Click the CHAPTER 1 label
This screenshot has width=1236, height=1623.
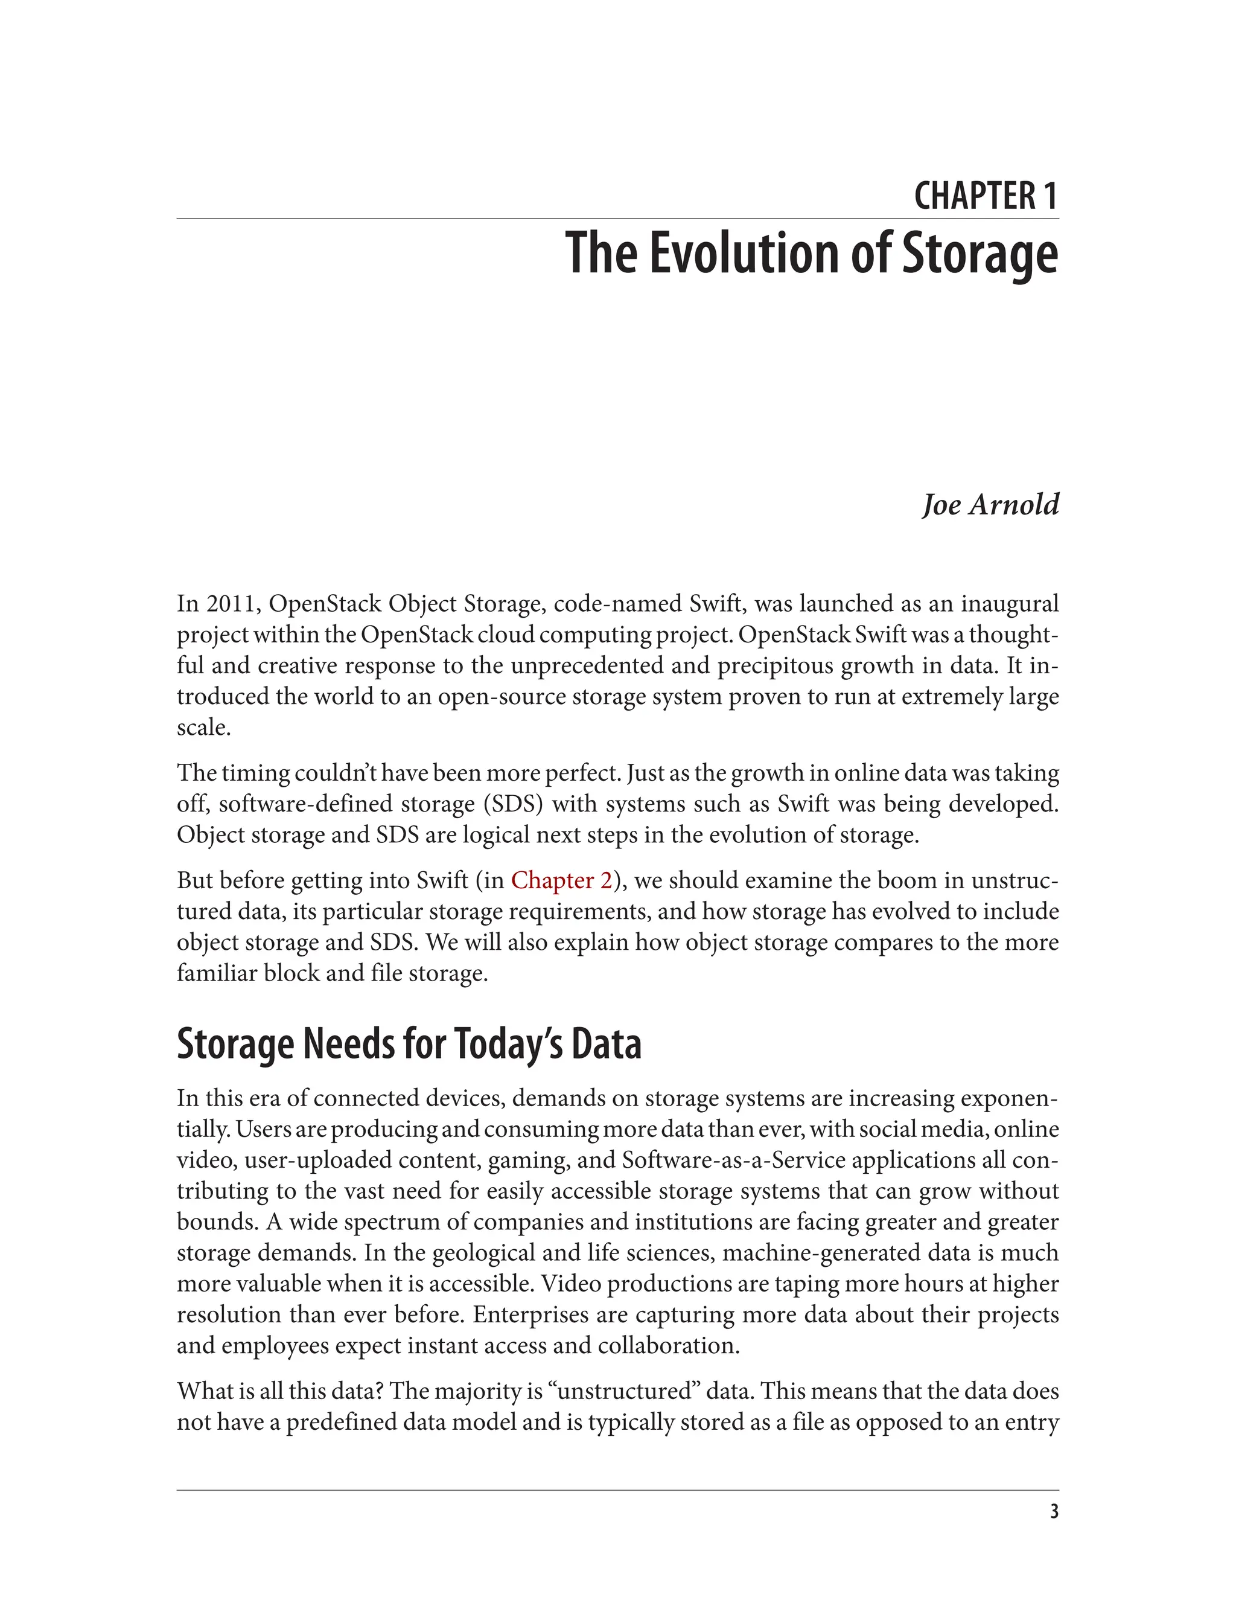point(985,196)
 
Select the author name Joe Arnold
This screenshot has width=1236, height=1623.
point(990,505)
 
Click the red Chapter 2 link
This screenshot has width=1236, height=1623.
point(561,880)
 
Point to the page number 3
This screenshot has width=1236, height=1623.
point(1054,1512)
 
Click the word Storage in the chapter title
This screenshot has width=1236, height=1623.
point(980,252)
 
